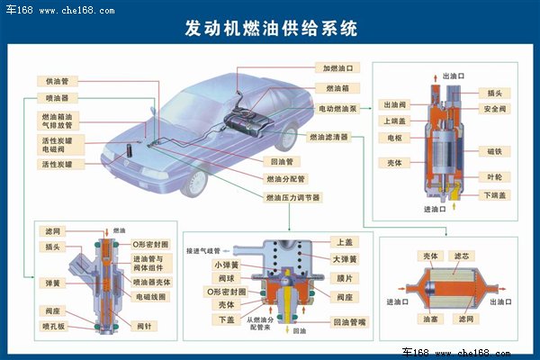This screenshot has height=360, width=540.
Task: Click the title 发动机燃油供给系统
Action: point(271,27)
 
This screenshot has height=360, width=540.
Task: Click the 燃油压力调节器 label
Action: point(292,197)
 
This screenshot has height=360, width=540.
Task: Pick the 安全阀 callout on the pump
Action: point(493,109)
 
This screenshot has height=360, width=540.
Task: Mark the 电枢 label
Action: point(394,139)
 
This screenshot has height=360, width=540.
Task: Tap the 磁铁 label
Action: point(494,150)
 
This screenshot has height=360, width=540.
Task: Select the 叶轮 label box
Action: point(494,176)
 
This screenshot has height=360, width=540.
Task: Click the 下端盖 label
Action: point(494,194)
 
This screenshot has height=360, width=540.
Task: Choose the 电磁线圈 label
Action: point(153,295)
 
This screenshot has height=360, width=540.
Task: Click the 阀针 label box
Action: point(142,325)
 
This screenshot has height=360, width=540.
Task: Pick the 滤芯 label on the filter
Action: point(460,256)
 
